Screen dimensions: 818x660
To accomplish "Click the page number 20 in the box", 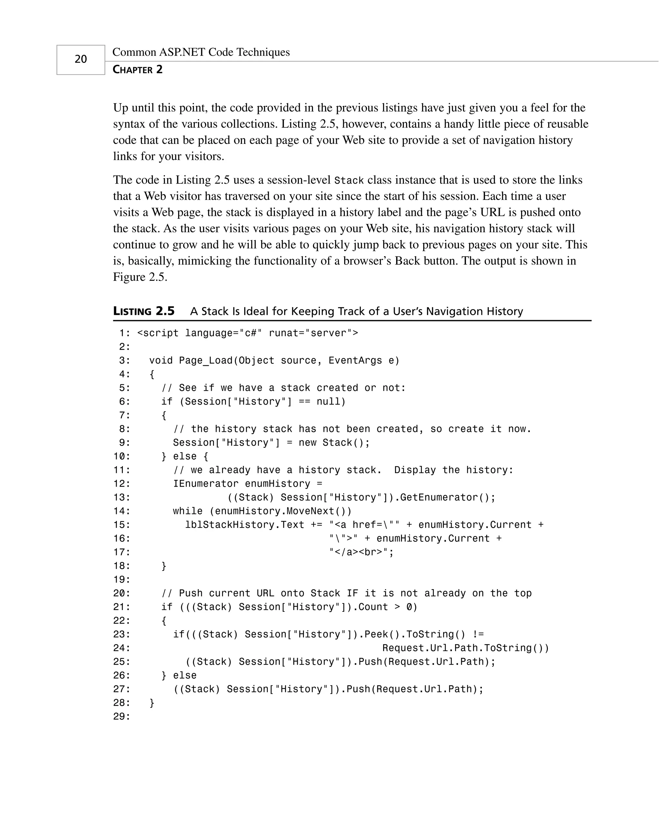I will point(81,59).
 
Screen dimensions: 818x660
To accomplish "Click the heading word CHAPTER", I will point(133,70).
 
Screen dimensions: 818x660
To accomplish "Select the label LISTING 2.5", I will point(144,311).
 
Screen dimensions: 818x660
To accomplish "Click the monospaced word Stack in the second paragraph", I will point(349,180).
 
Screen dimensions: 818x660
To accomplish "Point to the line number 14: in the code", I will point(121,511).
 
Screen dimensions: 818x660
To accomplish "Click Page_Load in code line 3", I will point(206,360).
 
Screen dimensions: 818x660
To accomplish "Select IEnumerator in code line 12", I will point(206,484).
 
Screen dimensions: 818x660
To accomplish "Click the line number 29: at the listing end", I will point(121,717).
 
